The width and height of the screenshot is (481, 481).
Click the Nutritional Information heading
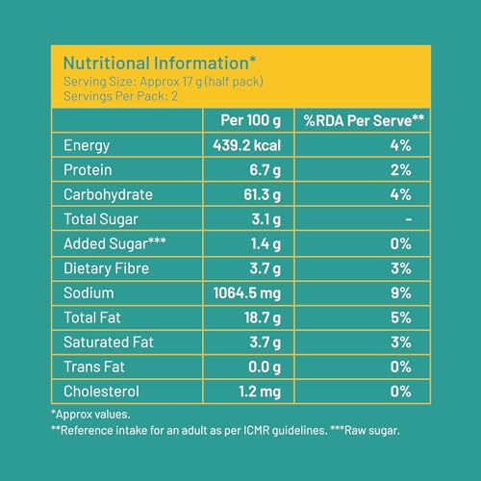(160, 63)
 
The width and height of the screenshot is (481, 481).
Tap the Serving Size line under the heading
(164, 82)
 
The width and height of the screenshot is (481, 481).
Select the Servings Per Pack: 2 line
(120, 96)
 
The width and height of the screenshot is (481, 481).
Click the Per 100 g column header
(251, 121)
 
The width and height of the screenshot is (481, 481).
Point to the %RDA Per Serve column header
(364, 120)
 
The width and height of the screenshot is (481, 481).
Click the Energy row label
(87, 146)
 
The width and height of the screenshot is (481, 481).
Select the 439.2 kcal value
(247, 145)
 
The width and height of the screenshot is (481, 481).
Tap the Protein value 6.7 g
(266, 170)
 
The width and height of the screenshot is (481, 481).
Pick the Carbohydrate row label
(108, 195)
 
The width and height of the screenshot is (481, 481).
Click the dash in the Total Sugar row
(409, 219)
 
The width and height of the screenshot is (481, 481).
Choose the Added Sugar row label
(114, 243)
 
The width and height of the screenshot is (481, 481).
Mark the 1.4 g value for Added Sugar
(266, 244)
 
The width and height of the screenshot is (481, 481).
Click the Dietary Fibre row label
(106, 268)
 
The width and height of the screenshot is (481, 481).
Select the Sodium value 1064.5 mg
(247, 293)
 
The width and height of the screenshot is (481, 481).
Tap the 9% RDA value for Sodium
(401, 293)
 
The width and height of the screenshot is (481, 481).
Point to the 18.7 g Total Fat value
(263, 318)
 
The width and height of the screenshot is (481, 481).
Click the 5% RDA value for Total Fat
(401, 317)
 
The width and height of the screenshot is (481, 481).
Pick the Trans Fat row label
(94, 367)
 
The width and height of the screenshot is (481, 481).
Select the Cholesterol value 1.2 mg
(260, 392)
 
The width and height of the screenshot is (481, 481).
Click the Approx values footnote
(90, 415)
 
